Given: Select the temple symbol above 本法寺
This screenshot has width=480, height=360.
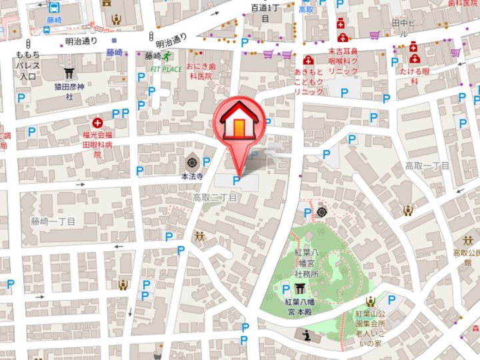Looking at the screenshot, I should [x=192, y=161].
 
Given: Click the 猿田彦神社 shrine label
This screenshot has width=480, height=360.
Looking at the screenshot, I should [x=69, y=91].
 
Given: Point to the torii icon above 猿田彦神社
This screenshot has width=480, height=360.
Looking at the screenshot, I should [x=69, y=72].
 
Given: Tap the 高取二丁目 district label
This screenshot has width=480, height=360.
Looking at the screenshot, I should [x=215, y=198].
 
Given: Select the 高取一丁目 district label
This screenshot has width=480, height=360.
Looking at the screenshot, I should [x=427, y=165].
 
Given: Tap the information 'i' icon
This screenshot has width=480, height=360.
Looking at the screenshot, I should [x=305, y=334].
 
